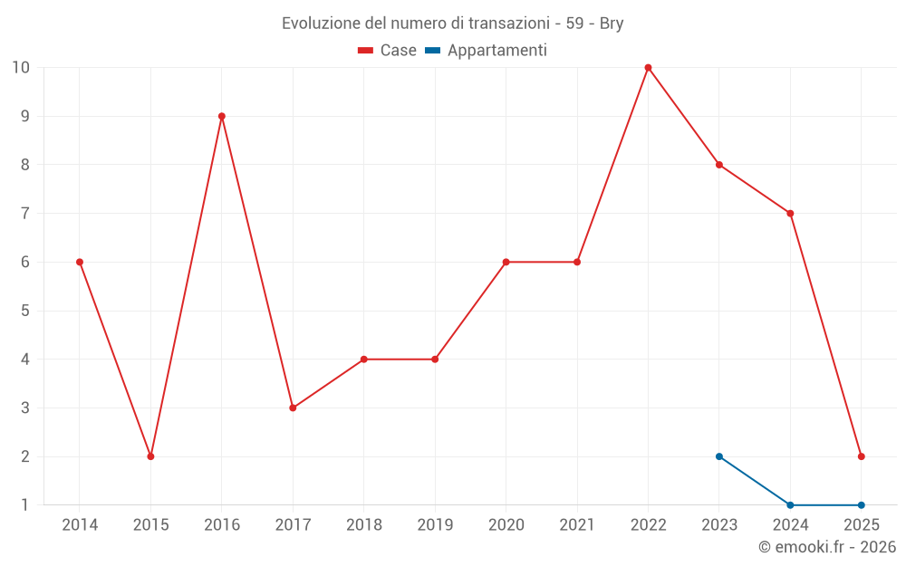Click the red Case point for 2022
648,68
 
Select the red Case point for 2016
222,116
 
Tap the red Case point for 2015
150,456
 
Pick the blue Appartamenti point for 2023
719,456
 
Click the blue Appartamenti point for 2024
790,505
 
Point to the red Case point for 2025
862,456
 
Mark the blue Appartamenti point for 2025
862,505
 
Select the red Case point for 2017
293,408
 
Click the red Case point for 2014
80,262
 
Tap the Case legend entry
388,51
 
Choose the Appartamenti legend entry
487,51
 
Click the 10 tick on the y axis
21,68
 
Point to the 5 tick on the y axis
25,311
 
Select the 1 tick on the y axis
25,505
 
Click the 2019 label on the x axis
435,525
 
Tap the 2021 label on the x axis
577,525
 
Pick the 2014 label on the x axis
80,525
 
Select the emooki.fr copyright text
827,547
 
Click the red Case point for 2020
506,262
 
